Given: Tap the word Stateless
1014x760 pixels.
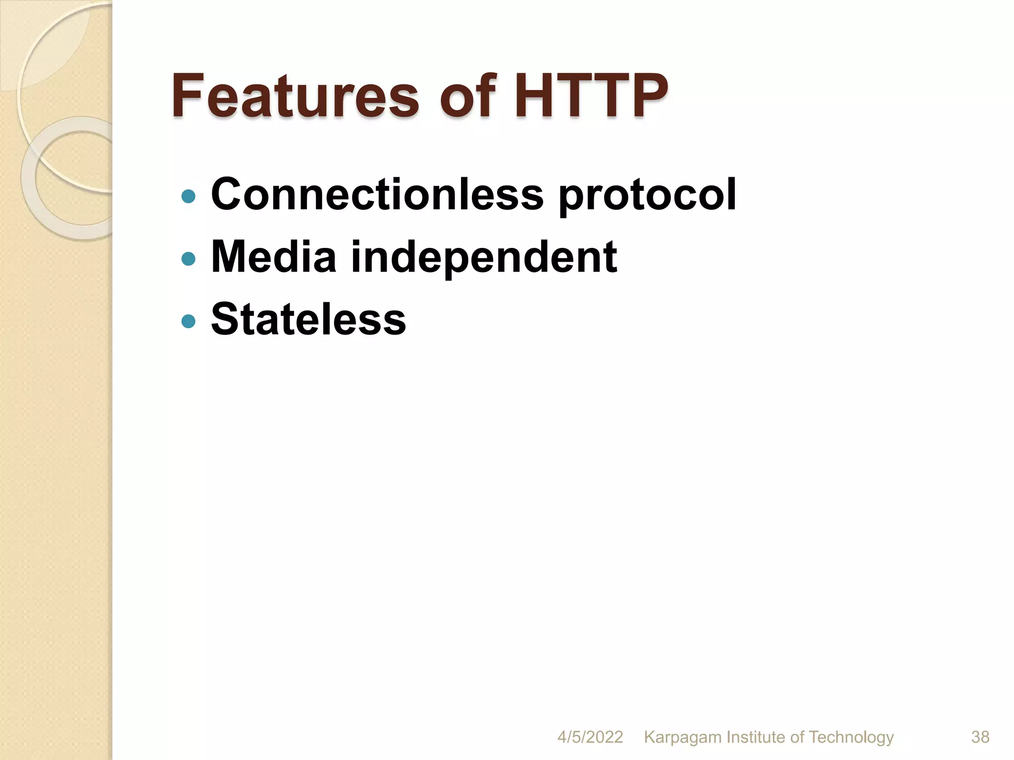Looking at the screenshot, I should click(308, 319).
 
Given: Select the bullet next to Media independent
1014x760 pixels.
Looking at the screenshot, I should click(188, 259).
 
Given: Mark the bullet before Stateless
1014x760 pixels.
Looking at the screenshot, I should click(188, 322).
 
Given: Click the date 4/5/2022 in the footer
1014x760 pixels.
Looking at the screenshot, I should click(590, 737).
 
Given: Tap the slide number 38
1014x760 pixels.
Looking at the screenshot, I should click(980, 737).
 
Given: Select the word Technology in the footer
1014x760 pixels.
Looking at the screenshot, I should click(851, 738).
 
